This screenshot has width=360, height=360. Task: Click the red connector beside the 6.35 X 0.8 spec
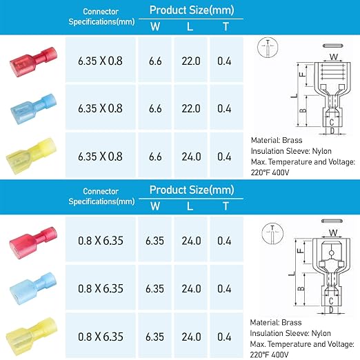point(34,61)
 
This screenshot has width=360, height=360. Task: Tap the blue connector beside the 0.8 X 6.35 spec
point(33,288)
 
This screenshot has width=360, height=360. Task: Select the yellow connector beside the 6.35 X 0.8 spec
point(31,156)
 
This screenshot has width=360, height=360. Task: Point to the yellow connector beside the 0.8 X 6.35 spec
point(32,336)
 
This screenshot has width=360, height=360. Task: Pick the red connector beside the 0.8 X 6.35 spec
point(33,242)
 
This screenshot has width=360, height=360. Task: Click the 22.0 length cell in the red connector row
point(190,60)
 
